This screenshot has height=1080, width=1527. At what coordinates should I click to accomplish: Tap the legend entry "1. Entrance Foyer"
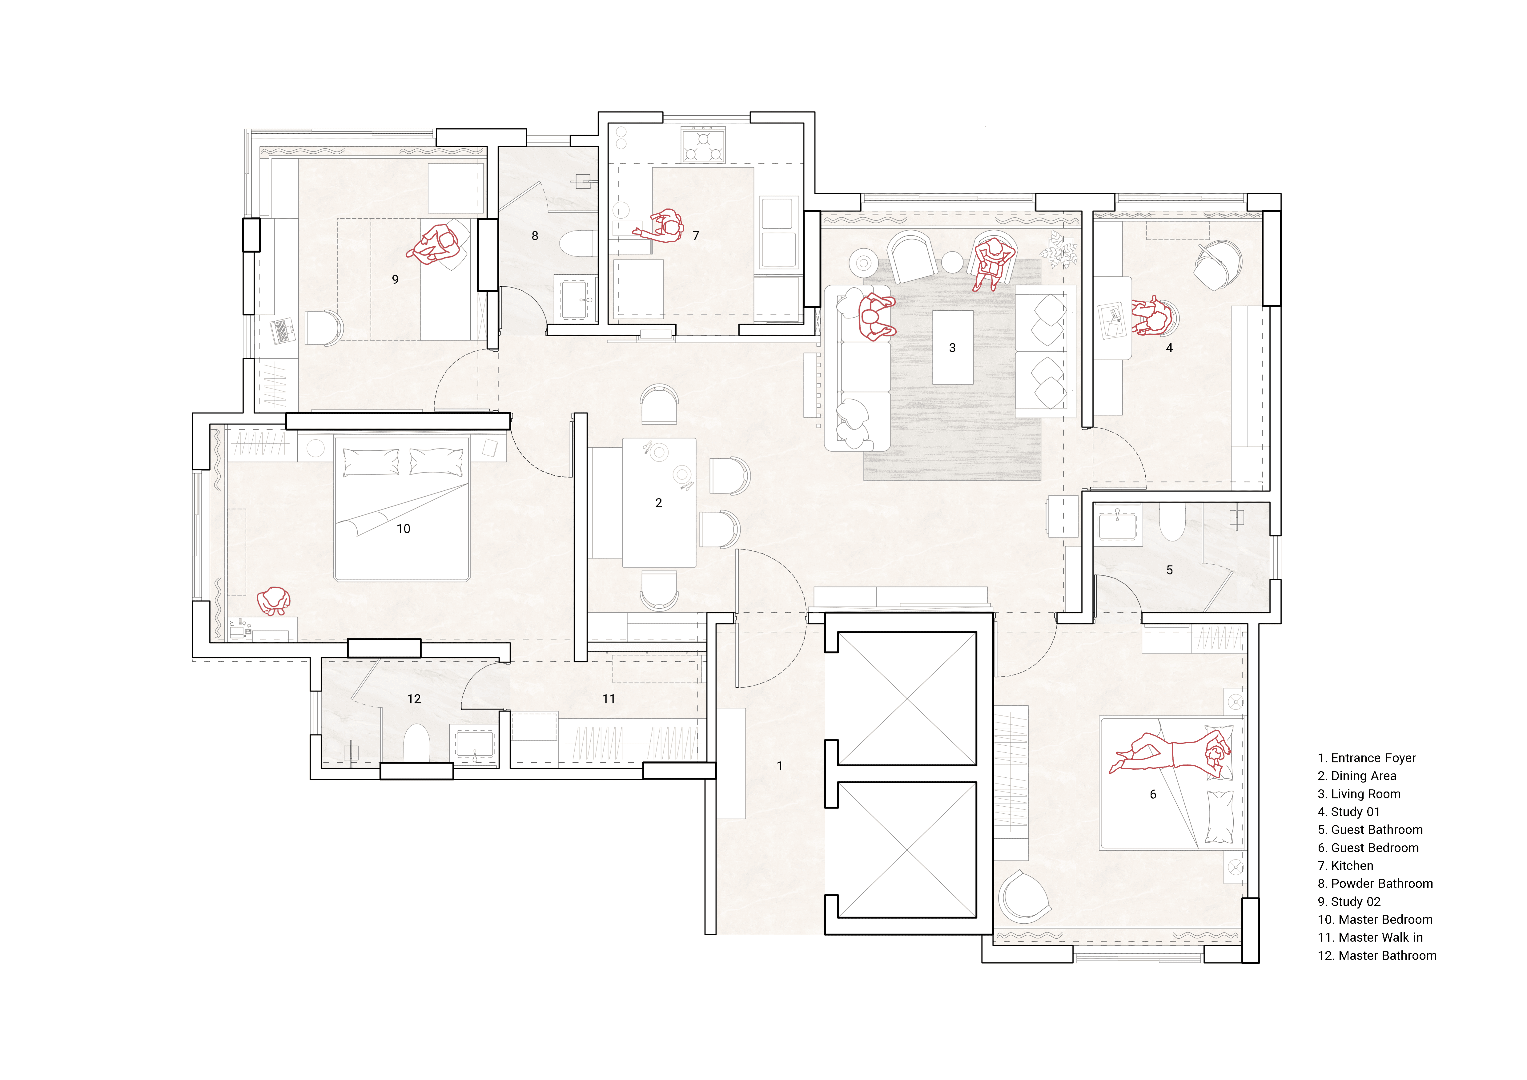[1367, 758]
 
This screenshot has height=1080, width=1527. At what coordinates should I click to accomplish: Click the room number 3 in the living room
[952, 348]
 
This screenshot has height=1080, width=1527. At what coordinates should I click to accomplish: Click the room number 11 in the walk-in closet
[609, 699]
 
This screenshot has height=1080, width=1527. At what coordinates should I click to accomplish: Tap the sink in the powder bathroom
[575, 299]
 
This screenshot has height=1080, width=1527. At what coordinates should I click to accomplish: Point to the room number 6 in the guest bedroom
[1153, 795]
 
